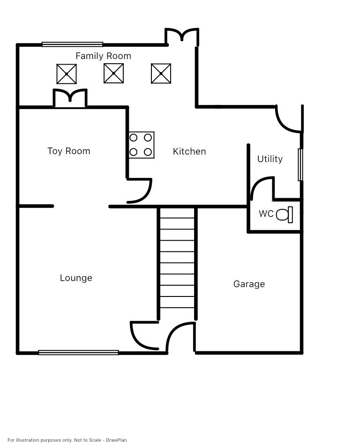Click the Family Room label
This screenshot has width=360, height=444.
pyautogui.click(x=103, y=56)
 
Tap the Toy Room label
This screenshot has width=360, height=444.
pyautogui.click(x=68, y=151)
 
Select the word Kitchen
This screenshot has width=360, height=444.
pyautogui.click(x=189, y=151)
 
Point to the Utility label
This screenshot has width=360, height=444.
pyautogui.click(x=270, y=159)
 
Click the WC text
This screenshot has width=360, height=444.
pyautogui.click(x=266, y=214)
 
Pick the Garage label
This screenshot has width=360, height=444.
pyautogui.click(x=249, y=284)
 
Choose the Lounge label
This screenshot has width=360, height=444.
pyautogui.click(x=76, y=278)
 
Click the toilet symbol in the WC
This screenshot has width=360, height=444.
pyautogui.click(x=285, y=215)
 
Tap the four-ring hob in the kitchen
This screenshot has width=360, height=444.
pyautogui.click(x=141, y=145)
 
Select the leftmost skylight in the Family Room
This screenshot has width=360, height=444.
pyautogui.click(x=67, y=74)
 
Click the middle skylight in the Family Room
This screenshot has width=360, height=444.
pyautogui.click(x=113, y=74)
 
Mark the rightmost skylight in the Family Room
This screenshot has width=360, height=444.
pyautogui.click(x=161, y=74)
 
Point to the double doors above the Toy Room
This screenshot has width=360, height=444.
pyautogui.click(x=70, y=98)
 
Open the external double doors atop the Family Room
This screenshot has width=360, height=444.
pyautogui.click(x=182, y=36)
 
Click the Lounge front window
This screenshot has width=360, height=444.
pyautogui.click(x=78, y=353)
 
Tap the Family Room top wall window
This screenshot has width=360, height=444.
pyautogui.click(x=72, y=44)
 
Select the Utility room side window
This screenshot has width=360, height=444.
pyautogui.click(x=300, y=164)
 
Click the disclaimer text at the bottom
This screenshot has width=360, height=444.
pyautogui.click(x=67, y=440)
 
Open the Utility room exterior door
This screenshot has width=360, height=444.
pyautogui.click(x=288, y=120)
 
